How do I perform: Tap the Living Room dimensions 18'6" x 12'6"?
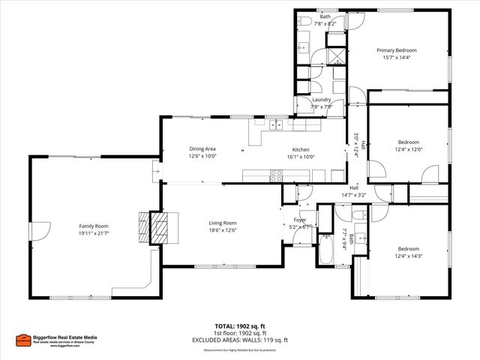(223, 230)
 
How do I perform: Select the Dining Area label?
(202, 149)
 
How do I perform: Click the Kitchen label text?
(300, 149)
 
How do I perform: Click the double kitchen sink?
(275, 124)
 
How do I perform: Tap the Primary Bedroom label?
(396, 50)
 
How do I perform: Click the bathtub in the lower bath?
(326, 249)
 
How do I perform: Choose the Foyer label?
(299, 220)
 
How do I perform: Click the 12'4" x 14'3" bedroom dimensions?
(408, 256)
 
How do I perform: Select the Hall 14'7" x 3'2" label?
(352, 191)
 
